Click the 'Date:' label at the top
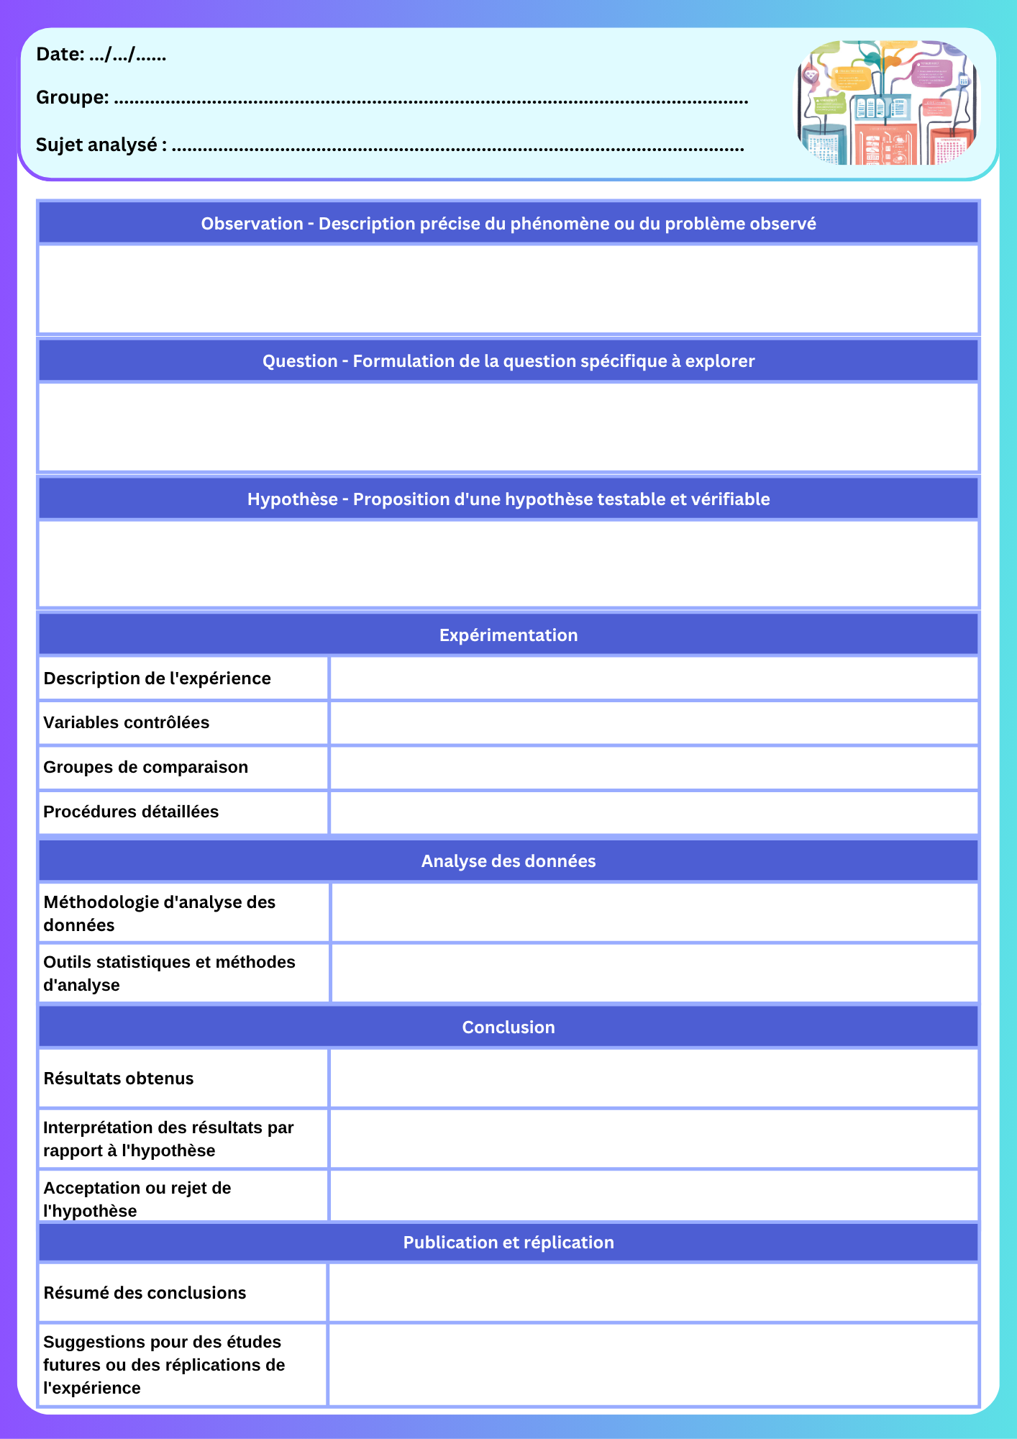coord(60,55)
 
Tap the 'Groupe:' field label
coord(73,97)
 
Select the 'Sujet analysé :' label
coord(101,145)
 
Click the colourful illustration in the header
coord(887,103)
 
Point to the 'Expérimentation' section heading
coord(508,635)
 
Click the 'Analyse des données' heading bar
coord(508,861)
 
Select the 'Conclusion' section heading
coord(508,1027)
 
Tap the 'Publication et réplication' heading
coord(508,1243)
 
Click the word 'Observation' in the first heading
coord(252,224)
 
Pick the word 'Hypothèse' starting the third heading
coord(292,499)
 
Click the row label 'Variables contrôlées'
coord(127,722)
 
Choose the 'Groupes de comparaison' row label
coord(146,767)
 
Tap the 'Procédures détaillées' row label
coord(131,812)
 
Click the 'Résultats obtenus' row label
coord(119,1079)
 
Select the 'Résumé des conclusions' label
coord(145,1293)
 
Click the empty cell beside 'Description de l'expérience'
coord(653,678)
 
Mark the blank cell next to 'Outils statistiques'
coord(653,973)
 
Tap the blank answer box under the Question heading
coord(508,427)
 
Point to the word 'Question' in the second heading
coord(299,361)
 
